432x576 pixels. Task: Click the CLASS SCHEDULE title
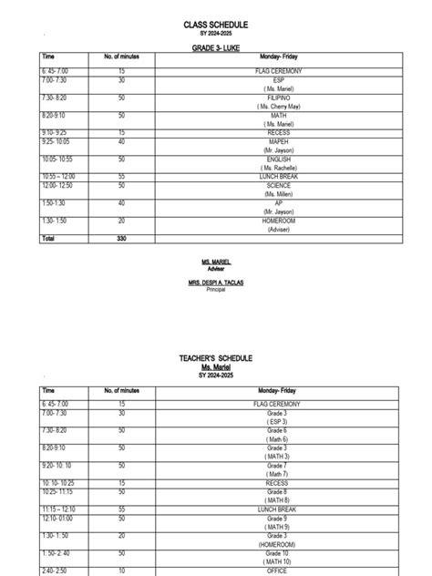point(216,23)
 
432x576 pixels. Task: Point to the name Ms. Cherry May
point(277,107)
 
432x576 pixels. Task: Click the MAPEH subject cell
point(277,142)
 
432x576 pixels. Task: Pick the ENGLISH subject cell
point(277,159)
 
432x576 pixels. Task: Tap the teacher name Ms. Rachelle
point(277,169)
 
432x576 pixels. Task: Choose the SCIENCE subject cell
point(277,186)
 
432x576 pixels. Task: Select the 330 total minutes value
point(121,239)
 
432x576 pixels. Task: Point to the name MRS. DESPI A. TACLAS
point(216,283)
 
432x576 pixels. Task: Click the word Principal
point(216,289)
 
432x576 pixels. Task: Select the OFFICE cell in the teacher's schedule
point(277,571)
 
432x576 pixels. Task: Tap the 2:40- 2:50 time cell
point(53,571)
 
